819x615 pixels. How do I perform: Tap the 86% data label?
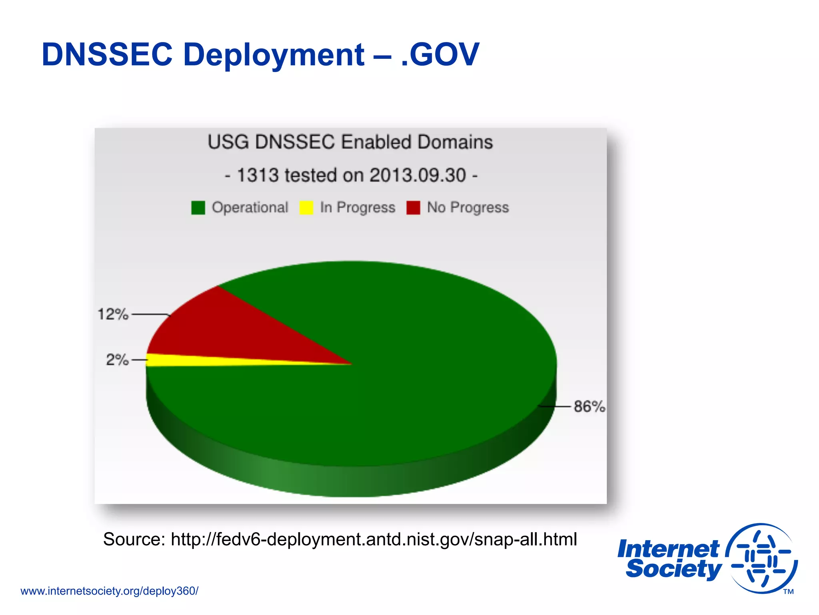click(x=589, y=406)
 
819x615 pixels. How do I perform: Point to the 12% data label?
click(x=113, y=314)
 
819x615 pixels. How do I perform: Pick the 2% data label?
click(x=117, y=360)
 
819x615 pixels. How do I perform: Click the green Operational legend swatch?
click(x=198, y=207)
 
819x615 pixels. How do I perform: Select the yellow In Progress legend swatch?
click(x=306, y=207)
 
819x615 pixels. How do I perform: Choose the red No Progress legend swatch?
click(x=413, y=207)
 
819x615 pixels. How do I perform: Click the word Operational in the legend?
click(x=250, y=207)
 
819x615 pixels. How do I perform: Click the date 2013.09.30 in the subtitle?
click(x=417, y=175)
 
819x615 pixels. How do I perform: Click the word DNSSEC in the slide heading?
click(x=107, y=54)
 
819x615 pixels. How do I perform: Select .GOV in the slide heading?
click(x=440, y=54)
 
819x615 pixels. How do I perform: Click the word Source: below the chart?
click(x=134, y=539)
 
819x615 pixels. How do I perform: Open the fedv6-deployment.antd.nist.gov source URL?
click(x=374, y=539)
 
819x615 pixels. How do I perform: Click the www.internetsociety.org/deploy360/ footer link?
click(x=109, y=591)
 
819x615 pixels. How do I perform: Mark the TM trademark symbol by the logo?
click(x=788, y=592)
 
